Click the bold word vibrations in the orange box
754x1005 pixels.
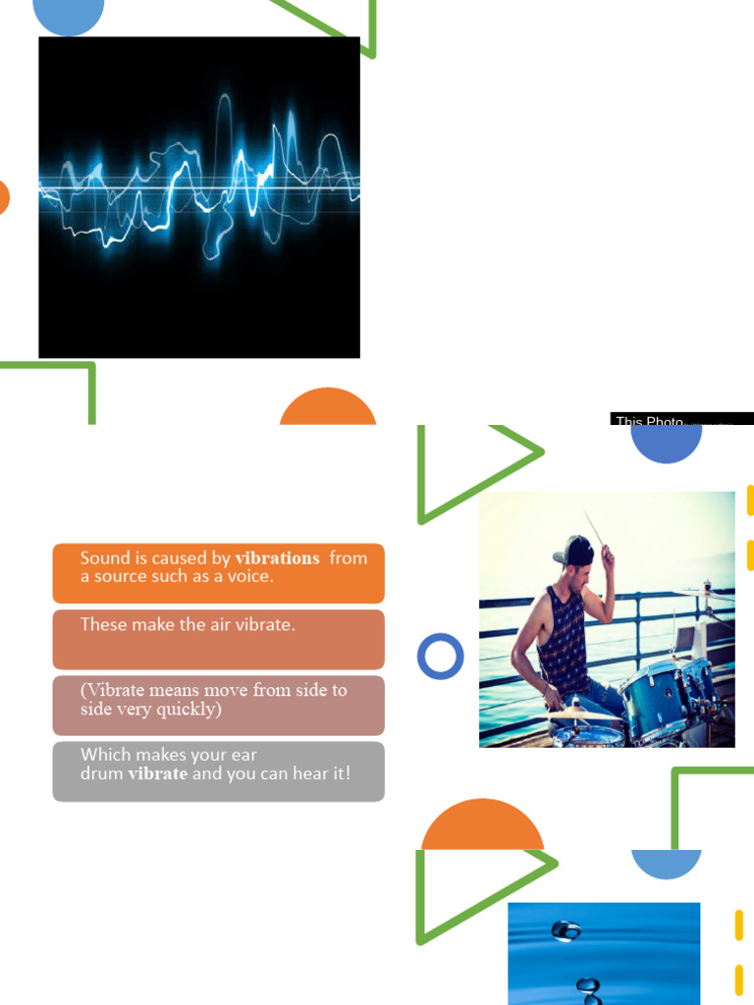278,558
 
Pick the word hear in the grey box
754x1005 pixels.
306,773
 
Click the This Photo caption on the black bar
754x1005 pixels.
649,421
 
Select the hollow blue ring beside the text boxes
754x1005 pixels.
440,657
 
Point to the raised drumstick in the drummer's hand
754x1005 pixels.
596,530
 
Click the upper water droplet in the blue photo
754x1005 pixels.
565,929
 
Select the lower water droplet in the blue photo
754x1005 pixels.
588,984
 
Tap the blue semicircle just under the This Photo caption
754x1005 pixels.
666,444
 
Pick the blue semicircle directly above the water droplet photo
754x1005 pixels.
666,862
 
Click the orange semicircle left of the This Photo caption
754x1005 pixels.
328,408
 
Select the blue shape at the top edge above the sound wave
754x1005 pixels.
68,15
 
